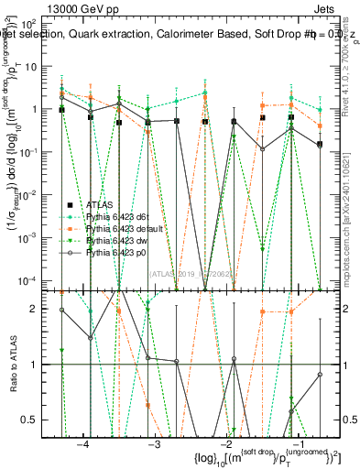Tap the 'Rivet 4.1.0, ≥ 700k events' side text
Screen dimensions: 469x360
click(351, 69)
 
